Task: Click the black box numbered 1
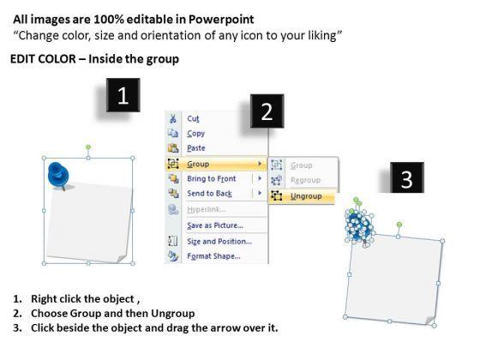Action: (123, 95)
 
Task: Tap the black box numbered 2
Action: (267, 111)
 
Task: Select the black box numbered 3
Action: (407, 178)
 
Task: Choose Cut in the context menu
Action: (193, 118)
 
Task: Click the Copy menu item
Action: (196, 134)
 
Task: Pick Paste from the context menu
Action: (196, 148)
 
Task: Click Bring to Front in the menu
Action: (212, 178)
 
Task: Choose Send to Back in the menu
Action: (210, 194)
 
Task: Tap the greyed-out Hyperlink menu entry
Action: (207, 209)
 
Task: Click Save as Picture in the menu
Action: (215, 225)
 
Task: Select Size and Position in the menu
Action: (219, 241)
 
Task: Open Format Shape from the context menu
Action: (213, 256)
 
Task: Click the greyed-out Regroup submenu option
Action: (305, 180)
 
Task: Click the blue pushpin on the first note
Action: (58, 175)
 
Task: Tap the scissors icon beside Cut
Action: (172, 118)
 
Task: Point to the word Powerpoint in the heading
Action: (221, 20)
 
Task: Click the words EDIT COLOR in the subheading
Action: (43, 59)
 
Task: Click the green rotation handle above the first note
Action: (88, 147)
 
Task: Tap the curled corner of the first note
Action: (122, 258)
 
